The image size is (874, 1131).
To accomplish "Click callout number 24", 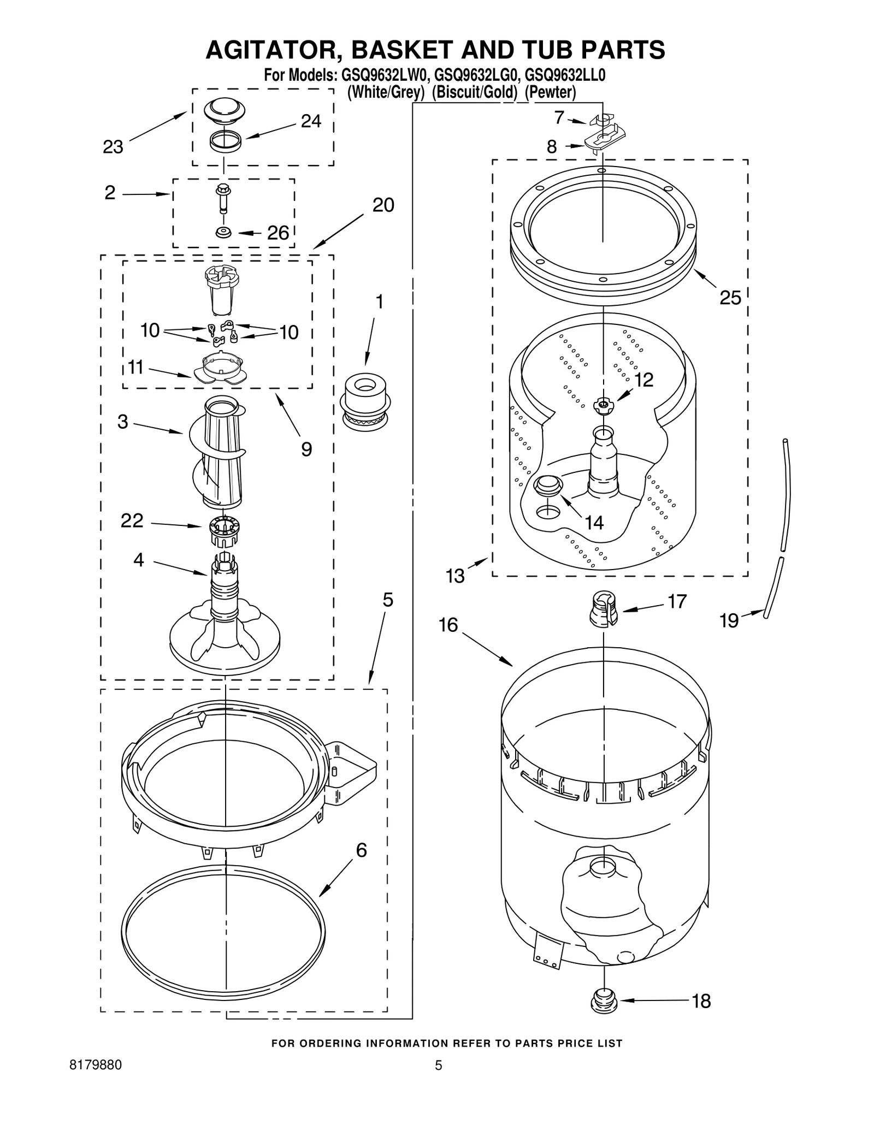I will (311, 121).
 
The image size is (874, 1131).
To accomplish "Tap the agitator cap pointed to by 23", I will (225, 109).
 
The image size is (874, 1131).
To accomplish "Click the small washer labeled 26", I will (223, 233).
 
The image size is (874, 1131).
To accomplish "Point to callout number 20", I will (383, 205).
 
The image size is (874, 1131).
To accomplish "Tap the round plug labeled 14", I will (547, 485).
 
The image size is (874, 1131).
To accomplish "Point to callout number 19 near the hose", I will (729, 620).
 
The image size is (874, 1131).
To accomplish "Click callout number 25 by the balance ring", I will (730, 298).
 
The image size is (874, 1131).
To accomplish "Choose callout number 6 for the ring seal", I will (361, 850).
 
